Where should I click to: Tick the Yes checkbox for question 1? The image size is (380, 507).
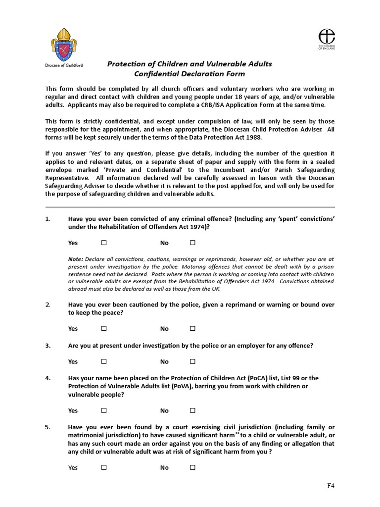point(104,243)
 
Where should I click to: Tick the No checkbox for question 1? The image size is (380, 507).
point(192,243)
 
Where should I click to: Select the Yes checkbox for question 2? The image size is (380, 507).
point(104,328)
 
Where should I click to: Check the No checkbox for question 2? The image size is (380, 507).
point(192,328)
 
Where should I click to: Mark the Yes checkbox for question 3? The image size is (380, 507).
point(104,361)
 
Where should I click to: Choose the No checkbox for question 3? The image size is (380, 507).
point(192,361)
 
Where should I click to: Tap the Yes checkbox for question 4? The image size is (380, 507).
point(104,410)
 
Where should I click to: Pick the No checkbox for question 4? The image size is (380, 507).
point(192,410)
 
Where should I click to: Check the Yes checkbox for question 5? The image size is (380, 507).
point(104,467)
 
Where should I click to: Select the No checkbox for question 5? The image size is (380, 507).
point(192,467)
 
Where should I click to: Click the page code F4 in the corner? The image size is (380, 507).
point(331,486)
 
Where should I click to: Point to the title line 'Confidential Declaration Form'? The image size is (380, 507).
point(190,74)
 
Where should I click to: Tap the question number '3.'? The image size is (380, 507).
point(48,346)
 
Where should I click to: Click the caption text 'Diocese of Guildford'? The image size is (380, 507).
point(64,65)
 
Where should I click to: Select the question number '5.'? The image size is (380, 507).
point(48,427)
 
